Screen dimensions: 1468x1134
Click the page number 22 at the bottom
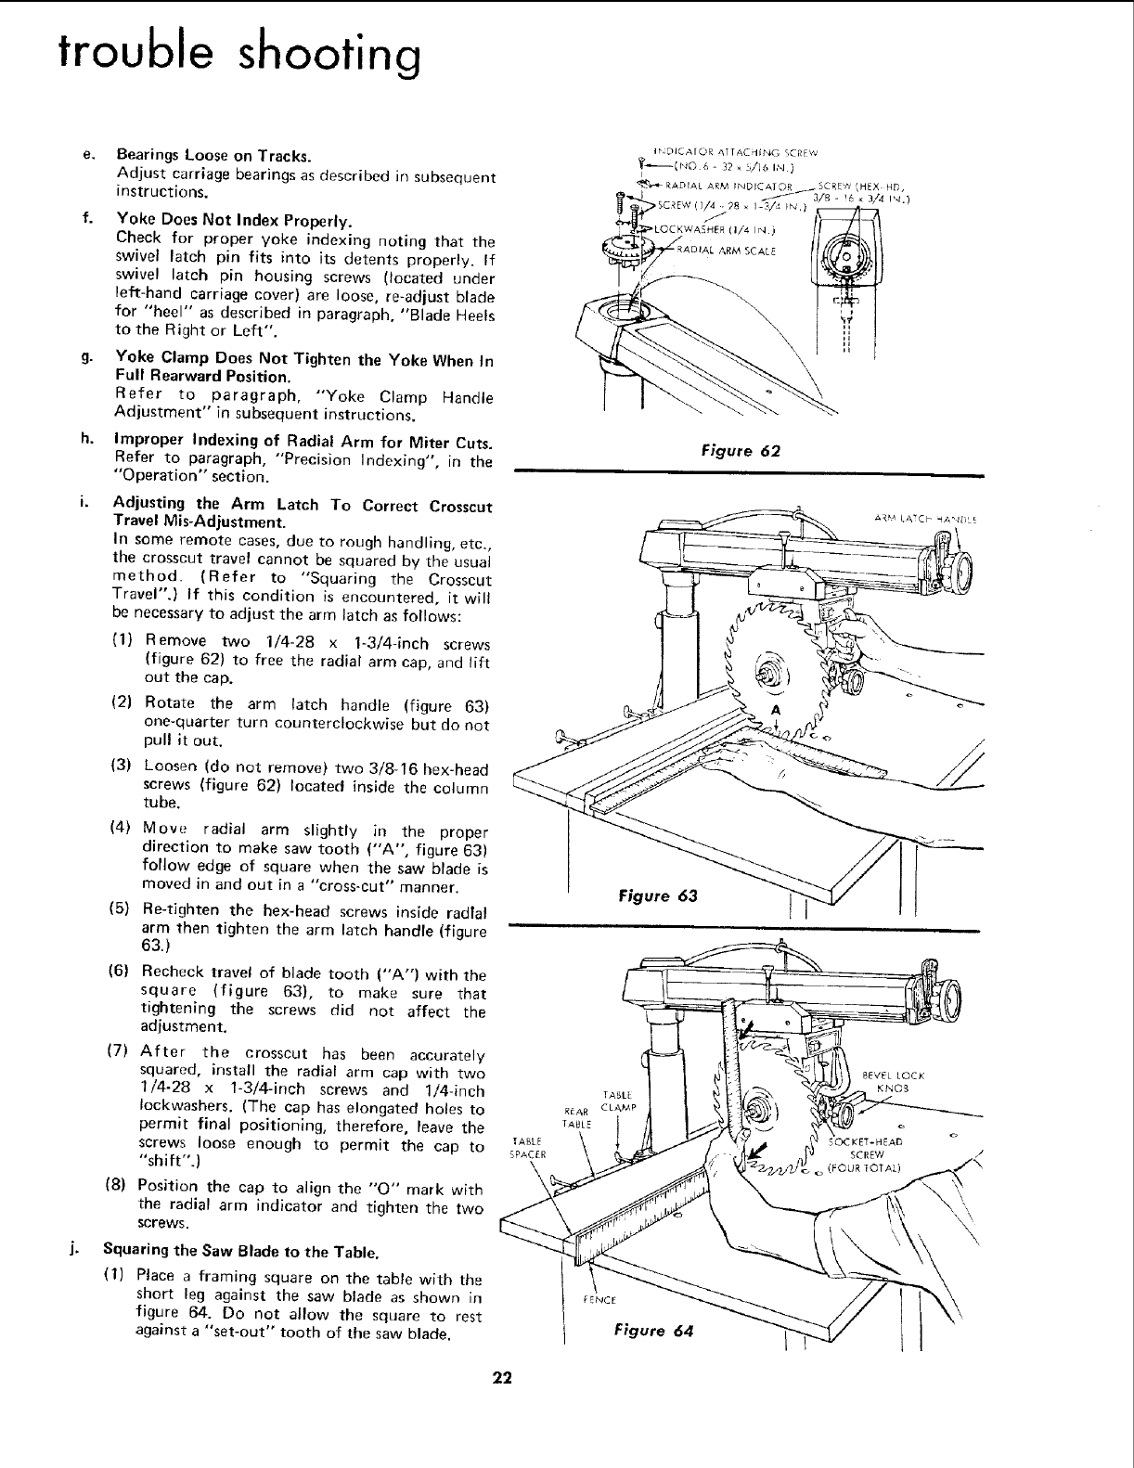tap(502, 1376)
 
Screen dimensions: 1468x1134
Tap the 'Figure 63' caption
tap(656, 895)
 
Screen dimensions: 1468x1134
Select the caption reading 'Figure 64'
tap(654, 1332)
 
